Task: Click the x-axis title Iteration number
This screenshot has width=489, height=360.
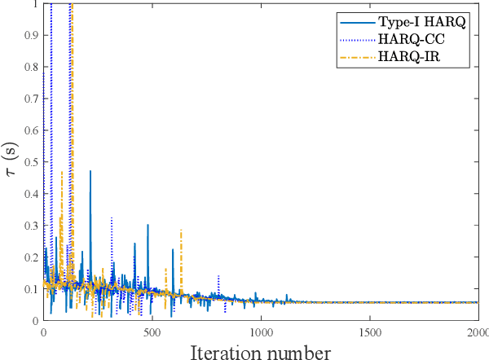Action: point(261,351)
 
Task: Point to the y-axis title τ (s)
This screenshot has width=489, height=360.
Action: point(11,162)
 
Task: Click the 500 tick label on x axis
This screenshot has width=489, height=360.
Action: point(152,333)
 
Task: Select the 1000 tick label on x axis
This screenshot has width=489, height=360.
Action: point(261,333)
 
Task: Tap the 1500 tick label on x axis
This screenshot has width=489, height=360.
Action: point(370,333)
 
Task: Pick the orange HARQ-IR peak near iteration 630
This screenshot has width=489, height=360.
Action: point(181,230)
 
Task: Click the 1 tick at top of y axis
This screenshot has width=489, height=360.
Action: point(33,5)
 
